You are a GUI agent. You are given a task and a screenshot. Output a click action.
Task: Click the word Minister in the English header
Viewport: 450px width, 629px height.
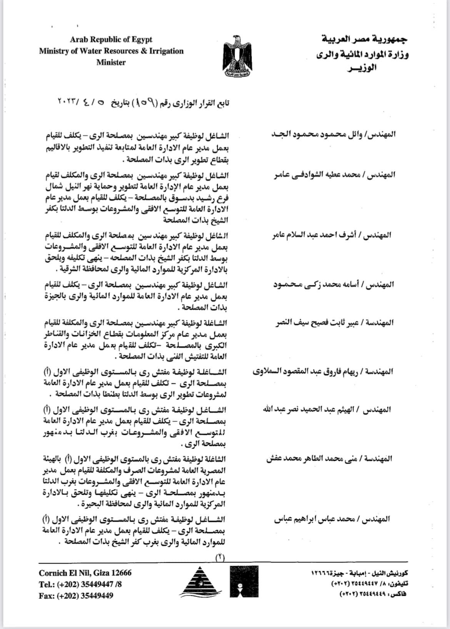111,62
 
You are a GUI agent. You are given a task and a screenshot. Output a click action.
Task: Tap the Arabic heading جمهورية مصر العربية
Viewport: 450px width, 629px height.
364,39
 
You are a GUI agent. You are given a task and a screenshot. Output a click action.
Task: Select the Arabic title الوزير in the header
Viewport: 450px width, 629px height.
362,69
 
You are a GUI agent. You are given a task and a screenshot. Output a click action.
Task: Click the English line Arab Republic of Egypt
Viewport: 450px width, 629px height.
111,40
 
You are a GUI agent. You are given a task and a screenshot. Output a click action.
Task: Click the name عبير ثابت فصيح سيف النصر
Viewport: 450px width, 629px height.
335,322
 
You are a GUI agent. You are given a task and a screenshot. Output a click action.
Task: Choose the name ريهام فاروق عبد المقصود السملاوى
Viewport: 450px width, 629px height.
323,372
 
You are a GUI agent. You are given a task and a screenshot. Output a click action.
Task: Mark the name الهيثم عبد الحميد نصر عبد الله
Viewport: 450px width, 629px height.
327,409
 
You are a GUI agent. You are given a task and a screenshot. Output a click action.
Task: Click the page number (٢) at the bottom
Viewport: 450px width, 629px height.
220,558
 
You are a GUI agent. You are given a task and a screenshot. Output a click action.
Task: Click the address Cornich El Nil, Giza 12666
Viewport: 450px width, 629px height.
85,573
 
